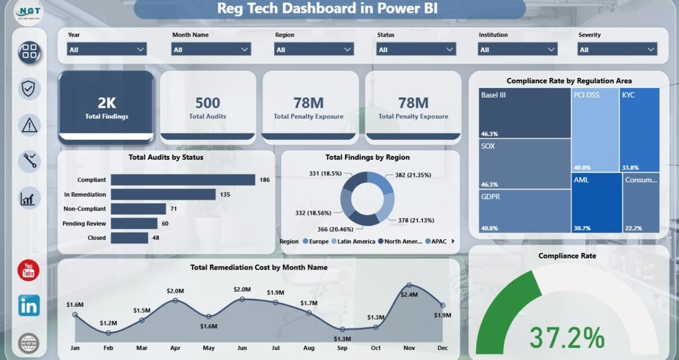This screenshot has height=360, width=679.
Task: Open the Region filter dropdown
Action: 314,49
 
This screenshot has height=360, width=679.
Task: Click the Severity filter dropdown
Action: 617,49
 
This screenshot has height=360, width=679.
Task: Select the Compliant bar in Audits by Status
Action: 183,179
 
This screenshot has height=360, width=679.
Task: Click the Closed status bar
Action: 130,238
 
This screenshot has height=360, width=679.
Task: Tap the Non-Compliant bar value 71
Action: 173,209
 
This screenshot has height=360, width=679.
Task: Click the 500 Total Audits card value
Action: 208,103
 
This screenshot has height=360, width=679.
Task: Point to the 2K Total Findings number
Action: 107,103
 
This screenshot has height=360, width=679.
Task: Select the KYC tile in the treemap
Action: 640,130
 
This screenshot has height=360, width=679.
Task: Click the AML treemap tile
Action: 597,203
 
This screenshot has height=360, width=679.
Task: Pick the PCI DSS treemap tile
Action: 595,130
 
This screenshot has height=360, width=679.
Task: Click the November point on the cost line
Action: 409,285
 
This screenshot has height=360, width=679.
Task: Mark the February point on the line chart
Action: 108,333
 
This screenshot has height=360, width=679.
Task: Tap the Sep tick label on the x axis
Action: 342,348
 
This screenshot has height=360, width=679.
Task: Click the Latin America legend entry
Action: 354,242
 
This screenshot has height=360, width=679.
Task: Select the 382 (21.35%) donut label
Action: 413,175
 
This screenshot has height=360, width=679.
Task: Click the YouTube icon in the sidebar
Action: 28,270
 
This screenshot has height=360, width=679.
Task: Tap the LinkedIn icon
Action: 29,306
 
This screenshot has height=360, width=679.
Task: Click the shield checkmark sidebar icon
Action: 29,89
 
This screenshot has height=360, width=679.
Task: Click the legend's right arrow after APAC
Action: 453,241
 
